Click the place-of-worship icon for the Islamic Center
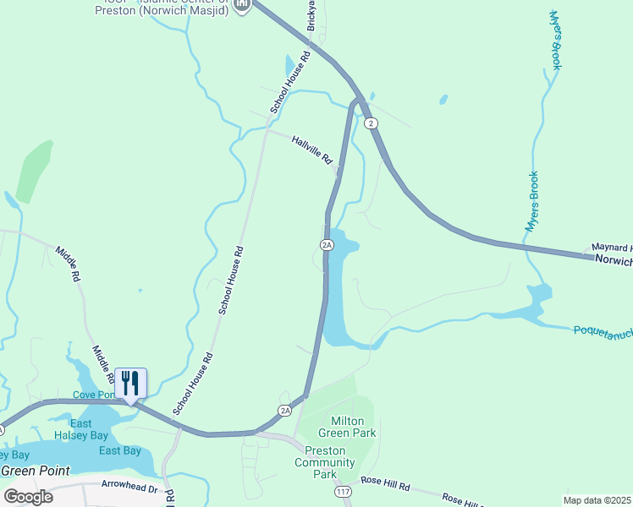click(x=243, y=5)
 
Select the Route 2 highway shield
click(x=372, y=123)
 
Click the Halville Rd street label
click(x=312, y=150)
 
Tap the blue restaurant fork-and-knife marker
click(x=130, y=383)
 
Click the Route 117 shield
click(x=343, y=491)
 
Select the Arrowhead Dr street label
click(x=129, y=488)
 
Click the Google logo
click(x=29, y=496)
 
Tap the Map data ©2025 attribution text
click(x=597, y=500)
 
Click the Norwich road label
click(x=613, y=261)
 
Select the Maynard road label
click(x=611, y=248)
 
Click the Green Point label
click(x=35, y=471)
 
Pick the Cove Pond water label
click(x=94, y=395)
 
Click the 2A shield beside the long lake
click(x=327, y=245)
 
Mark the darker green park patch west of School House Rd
click(x=34, y=169)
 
